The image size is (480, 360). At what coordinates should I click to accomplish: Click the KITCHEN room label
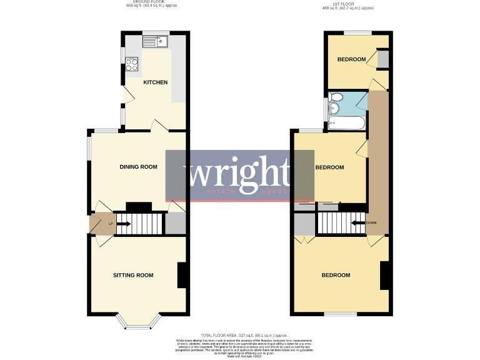[155, 82]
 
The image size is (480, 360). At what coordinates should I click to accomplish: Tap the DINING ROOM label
[138, 167]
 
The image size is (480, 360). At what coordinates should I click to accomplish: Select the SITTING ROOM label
[133, 275]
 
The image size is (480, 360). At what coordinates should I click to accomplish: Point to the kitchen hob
[132, 62]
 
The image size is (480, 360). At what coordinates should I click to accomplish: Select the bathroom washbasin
[332, 109]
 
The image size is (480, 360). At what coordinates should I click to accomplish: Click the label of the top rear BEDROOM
[351, 59]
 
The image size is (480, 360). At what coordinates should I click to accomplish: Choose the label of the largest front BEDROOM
[336, 275]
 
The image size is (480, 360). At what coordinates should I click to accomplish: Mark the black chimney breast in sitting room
[182, 275]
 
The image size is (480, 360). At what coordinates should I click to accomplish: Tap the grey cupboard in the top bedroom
[382, 59]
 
